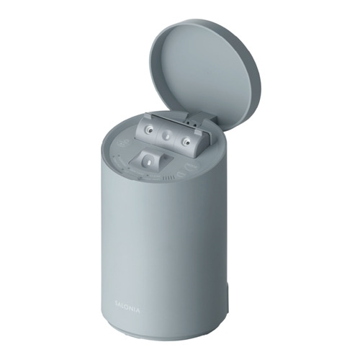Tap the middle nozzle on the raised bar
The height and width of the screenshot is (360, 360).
(166, 136)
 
